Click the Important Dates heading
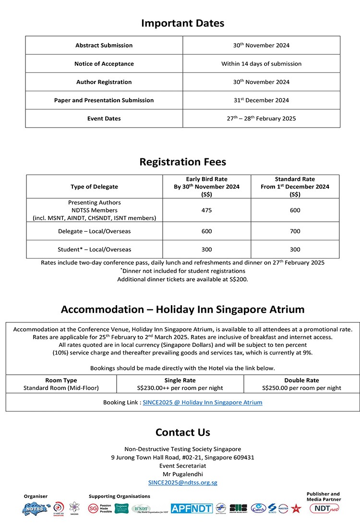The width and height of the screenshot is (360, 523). (x=182, y=23)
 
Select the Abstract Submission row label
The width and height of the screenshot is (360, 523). (x=104, y=46)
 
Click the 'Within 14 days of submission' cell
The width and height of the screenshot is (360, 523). (x=261, y=64)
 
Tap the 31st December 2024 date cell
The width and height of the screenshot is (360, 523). (x=261, y=100)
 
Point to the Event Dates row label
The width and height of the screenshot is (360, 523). (x=104, y=119)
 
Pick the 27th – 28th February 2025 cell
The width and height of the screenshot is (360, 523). (x=261, y=119)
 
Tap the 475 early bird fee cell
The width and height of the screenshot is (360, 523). (x=206, y=210)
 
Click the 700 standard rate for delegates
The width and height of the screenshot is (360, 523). (x=295, y=231)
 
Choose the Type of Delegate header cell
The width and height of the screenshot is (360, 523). (x=94, y=187)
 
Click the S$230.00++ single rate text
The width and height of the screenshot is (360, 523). (x=180, y=388)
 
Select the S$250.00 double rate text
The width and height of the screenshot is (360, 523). (x=301, y=388)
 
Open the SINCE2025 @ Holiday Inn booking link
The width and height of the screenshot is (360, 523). (x=202, y=403)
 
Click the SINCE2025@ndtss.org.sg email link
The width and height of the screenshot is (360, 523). (x=182, y=482)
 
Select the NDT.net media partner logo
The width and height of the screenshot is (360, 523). (x=324, y=508)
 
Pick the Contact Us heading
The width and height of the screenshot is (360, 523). (x=182, y=432)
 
